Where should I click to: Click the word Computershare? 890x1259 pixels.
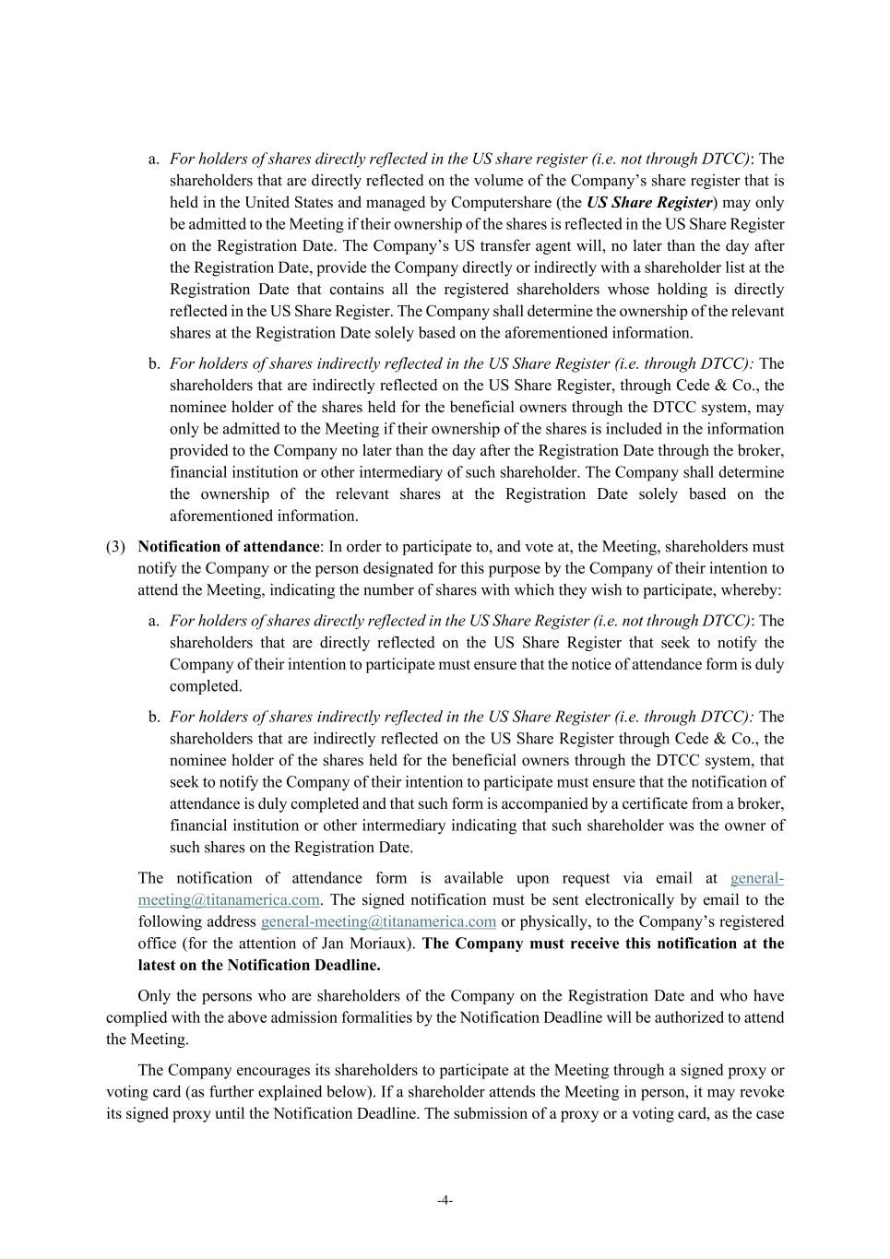(507, 203)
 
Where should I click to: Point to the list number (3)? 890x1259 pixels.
(115, 547)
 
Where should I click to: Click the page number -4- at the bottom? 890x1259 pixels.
(445, 1200)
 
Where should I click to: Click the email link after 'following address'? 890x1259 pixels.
(378, 921)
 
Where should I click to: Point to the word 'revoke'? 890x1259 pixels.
(762, 1092)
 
